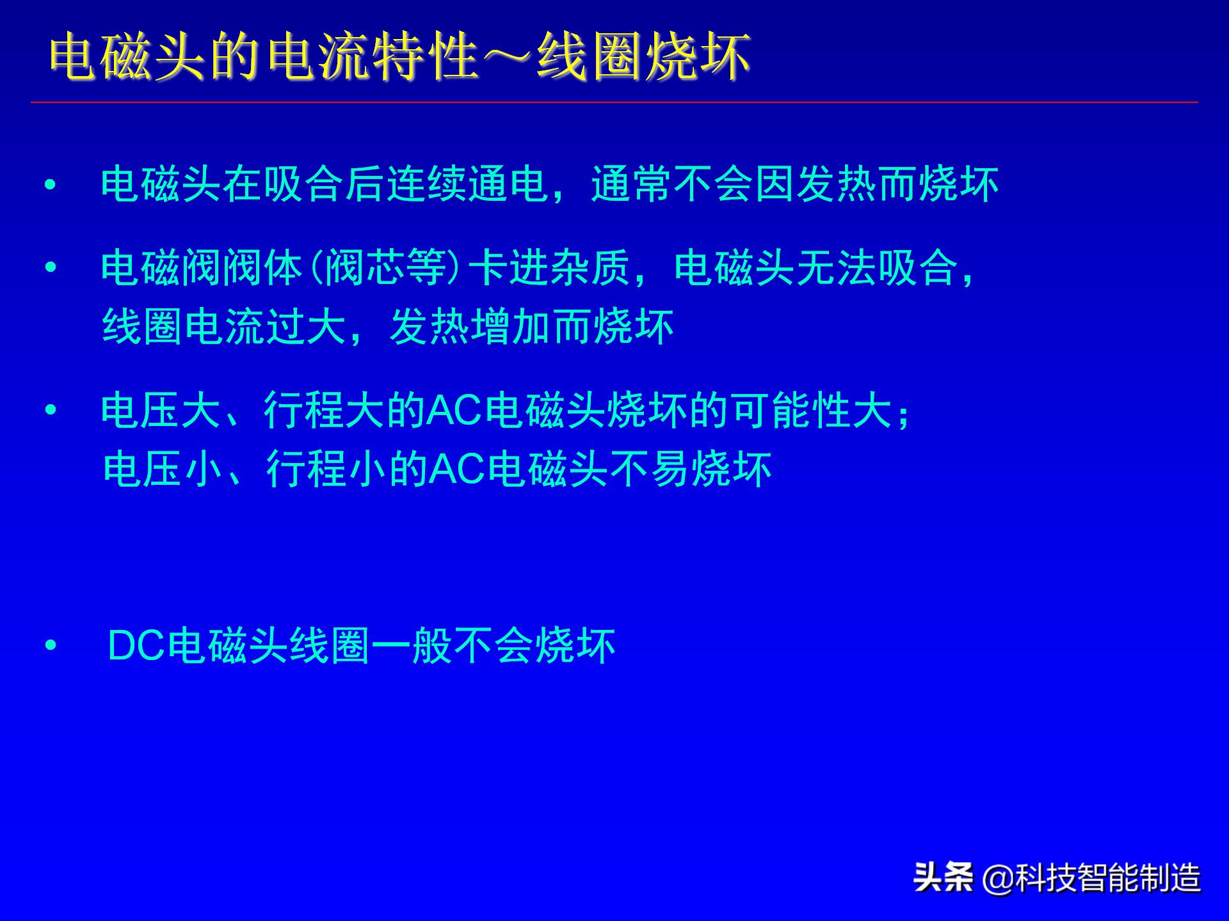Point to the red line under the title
click(614, 102)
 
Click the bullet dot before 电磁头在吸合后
click(51, 185)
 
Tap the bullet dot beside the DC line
click(51, 646)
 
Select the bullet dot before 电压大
click(51, 410)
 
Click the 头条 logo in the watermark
click(943, 877)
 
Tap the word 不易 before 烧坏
click(651, 469)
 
